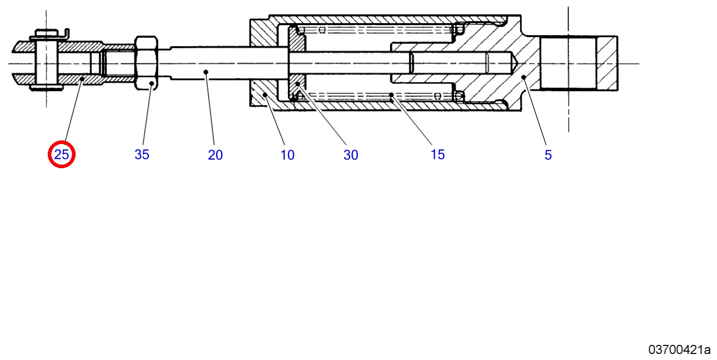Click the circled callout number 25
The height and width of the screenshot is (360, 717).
tap(61, 155)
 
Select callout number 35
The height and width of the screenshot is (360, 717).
tap(142, 155)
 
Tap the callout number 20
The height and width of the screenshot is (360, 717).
tap(215, 155)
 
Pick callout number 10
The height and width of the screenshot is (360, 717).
tap(287, 155)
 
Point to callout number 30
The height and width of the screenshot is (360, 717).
tap(351, 155)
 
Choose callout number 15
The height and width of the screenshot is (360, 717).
tap(438, 155)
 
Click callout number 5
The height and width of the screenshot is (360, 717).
tap(548, 155)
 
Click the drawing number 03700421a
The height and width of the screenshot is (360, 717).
tap(679, 350)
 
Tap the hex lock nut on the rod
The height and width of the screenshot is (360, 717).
tap(146, 63)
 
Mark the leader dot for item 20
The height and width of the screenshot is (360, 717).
tap(206, 72)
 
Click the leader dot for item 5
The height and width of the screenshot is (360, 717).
tap(524, 77)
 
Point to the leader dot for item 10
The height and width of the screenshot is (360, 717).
tap(265, 95)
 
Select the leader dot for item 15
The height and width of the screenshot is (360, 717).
tap(391, 95)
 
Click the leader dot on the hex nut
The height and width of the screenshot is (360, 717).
tap(152, 83)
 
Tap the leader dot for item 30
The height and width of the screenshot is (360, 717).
tap(298, 84)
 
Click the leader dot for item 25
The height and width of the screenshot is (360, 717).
tap(82, 79)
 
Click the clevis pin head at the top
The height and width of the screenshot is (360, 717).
tap(47, 33)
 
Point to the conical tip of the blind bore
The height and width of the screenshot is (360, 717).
tap(514, 63)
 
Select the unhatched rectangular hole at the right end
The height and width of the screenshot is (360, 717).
tap(568, 63)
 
